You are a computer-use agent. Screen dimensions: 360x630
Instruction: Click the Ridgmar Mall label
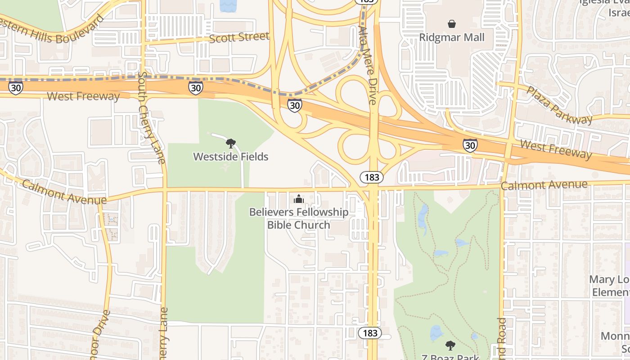(x=451, y=37)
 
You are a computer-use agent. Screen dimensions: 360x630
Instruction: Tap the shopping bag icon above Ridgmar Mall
(x=451, y=23)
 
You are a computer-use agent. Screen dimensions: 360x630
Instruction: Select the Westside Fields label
(x=230, y=157)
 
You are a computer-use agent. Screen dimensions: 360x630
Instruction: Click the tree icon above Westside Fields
(x=230, y=144)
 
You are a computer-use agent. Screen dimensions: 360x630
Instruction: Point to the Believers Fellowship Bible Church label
(x=298, y=218)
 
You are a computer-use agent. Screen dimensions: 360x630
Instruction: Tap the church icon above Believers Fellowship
(x=298, y=198)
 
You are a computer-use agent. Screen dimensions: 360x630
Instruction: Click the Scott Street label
(x=239, y=37)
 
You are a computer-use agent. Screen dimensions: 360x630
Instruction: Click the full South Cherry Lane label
(x=152, y=117)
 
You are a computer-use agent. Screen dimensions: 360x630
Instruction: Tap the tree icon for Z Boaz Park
(x=450, y=346)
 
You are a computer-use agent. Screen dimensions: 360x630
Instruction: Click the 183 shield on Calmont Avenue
(x=372, y=177)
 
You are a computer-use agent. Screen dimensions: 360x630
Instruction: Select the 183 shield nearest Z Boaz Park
(x=370, y=333)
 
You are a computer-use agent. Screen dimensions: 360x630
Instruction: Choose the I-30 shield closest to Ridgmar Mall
(x=470, y=145)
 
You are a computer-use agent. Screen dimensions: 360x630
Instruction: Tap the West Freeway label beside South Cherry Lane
(x=83, y=96)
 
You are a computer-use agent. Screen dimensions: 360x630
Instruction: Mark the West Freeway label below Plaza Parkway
(x=556, y=149)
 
